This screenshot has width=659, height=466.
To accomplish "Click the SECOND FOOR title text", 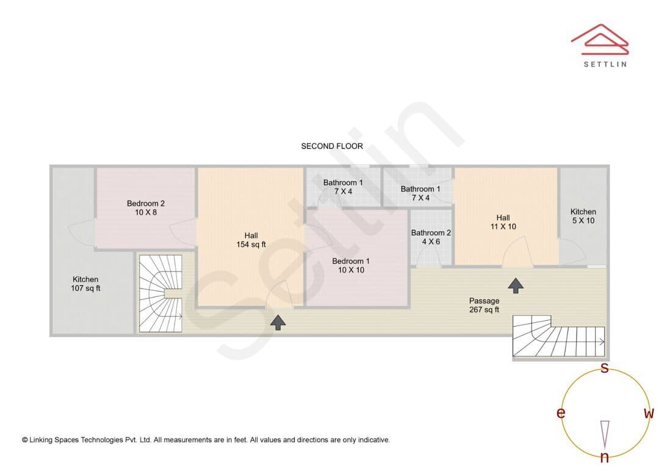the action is click(332, 146).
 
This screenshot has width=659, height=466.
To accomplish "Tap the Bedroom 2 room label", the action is click(146, 208).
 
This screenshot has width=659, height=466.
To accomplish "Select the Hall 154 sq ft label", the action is click(251, 240).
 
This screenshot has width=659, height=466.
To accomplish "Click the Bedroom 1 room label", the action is click(351, 265).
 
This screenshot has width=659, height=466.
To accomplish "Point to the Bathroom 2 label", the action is click(431, 237).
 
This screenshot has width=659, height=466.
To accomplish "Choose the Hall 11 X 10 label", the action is click(503, 222).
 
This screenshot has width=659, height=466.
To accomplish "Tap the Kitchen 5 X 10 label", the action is click(583, 216).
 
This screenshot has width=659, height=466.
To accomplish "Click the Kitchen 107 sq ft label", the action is click(85, 284).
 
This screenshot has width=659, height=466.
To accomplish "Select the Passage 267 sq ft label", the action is click(484, 305).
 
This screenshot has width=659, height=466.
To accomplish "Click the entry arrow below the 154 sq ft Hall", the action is click(278, 323).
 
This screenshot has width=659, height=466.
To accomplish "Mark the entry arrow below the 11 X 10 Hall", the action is click(516, 285).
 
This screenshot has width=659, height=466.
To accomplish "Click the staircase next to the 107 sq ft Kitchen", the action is click(160, 294).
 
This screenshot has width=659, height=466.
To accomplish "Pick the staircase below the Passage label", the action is click(558, 336).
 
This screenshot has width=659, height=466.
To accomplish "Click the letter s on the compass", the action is click(604, 368).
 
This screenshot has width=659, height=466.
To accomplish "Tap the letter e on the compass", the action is click(561, 413).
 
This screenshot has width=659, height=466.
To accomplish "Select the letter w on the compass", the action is click(649, 413).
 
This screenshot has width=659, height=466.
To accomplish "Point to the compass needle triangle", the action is click(605, 434).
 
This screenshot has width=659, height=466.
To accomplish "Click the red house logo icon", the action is click(600, 40).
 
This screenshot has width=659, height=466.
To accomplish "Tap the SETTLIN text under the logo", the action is click(605, 64).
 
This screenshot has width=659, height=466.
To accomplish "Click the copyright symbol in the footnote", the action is click(25, 440).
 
